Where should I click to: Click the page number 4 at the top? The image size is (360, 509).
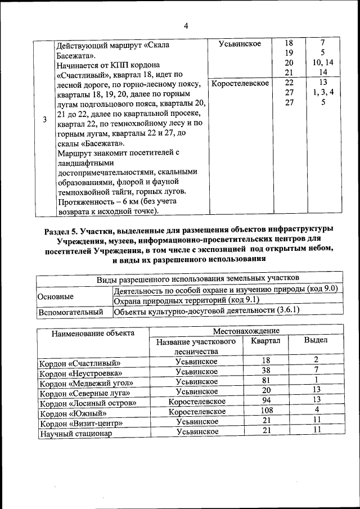(x=186, y=25)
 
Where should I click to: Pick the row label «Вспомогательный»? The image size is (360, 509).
(x=70, y=311)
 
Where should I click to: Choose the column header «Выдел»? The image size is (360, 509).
(x=316, y=340)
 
